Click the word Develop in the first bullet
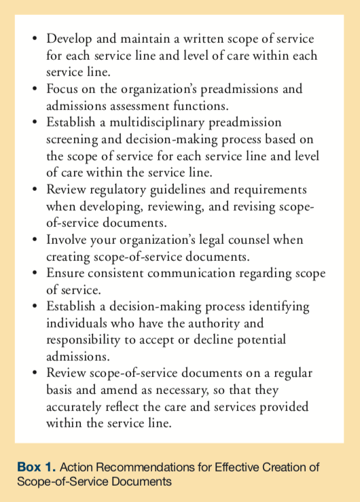[x=71, y=39]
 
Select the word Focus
[x=64, y=90]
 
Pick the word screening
[x=75, y=139]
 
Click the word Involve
[x=68, y=240]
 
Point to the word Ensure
[x=67, y=273]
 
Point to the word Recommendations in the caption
[x=123, y=467]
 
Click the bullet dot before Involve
[x=35, y=240]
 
